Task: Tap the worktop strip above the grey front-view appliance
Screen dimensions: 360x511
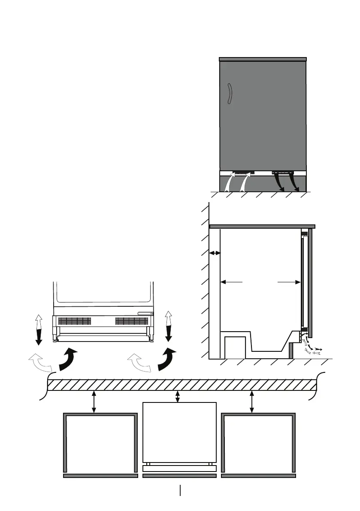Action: tap(263, 59)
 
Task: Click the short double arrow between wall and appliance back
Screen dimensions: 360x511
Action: tap(215, 254)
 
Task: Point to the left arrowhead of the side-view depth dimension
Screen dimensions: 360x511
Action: tap(224, 282)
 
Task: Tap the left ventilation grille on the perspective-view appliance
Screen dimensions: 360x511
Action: tap(75, 321)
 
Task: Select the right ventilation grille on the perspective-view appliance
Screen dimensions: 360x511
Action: tap(132, 321)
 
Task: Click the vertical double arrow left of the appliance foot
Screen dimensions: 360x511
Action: tap(39, 329)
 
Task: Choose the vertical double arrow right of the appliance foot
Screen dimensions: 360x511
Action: tap(168, 326)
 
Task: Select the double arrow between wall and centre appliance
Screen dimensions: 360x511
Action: tap(178, 396)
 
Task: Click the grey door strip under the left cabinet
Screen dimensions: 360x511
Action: tap(100, 476)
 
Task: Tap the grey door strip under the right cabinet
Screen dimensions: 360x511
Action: tap(258, 476)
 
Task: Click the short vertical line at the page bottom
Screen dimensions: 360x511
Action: tap(181, 490)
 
